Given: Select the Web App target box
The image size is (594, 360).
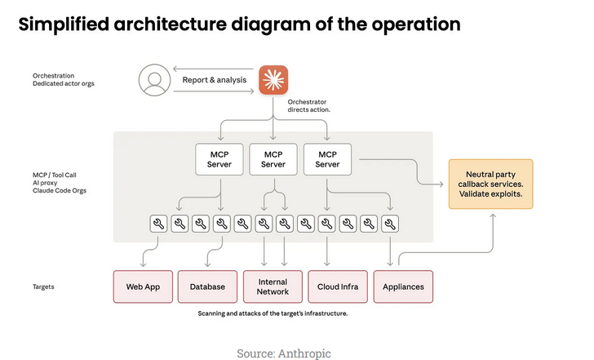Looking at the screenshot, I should (x=141, y=287).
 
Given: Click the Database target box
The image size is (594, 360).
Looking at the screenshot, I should (x=206, y=287).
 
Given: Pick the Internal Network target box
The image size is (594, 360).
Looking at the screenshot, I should (x=273, y=287).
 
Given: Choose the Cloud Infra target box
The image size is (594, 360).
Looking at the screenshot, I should (x=338, y=287).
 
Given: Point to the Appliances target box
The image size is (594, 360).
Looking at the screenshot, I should (x=403, y=287).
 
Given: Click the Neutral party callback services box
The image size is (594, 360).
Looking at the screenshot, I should (x=490, y=184).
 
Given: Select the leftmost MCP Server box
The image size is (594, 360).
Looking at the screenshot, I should (x=220, y=158).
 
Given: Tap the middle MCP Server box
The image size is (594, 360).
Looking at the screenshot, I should (x=273, y=158).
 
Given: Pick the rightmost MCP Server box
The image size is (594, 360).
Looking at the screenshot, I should (x=327, y=158).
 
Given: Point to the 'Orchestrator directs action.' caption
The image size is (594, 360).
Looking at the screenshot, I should (x=308, y=106).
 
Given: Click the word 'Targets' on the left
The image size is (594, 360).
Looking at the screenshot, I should (x=45, y=287).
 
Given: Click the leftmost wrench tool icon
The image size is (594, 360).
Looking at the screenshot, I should (x=158, y=223).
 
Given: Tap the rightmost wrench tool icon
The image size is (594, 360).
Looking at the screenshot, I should (x=391, y=223).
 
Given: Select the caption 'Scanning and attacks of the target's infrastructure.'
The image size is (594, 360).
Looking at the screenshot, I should (x=273, y=313).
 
